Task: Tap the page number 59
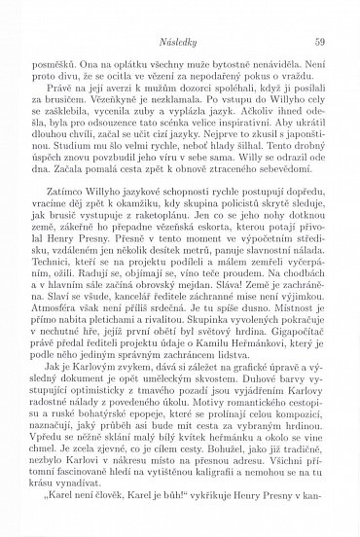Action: coord(320,14)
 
